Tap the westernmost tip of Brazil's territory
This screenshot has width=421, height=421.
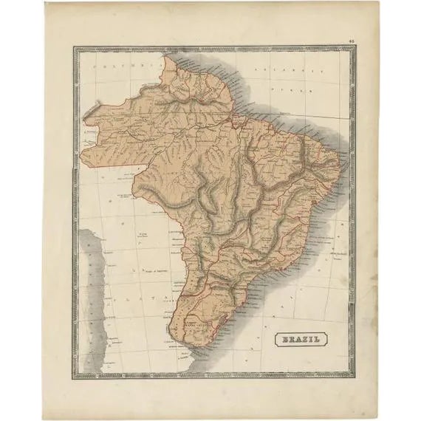click(x=83, y=114)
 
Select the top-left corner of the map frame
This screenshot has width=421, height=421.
click(x=74, y=48)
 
